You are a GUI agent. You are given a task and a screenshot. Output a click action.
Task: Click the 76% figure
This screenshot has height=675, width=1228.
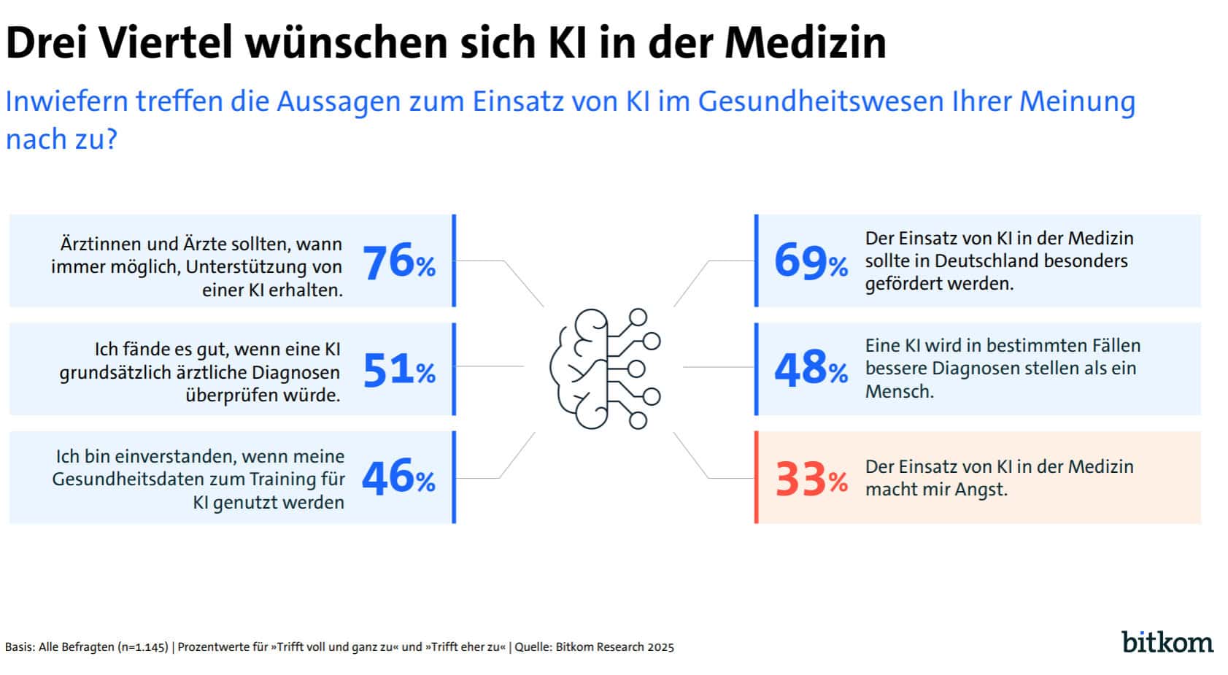398,263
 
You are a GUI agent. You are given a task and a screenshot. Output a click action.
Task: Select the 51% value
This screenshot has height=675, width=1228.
398,370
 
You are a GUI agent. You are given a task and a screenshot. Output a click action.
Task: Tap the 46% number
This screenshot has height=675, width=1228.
398,478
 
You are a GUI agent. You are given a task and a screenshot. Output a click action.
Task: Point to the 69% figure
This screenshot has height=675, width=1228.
811,261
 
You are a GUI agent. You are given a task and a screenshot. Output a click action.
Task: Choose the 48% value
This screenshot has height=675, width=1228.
811,369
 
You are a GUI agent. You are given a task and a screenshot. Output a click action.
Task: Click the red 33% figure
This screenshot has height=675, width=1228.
811,479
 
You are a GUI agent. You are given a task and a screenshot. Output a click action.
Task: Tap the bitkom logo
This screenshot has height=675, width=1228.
1167,641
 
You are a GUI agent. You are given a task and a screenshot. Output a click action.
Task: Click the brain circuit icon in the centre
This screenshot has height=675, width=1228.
605,369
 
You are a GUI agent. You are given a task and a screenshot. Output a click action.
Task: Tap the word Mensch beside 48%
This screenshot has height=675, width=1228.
899,392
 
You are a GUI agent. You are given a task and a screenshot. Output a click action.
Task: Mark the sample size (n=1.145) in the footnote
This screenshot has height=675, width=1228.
142,647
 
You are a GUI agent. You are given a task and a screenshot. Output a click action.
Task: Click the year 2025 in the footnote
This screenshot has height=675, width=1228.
661,647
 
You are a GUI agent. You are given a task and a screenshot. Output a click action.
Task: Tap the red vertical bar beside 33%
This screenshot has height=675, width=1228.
756,478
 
